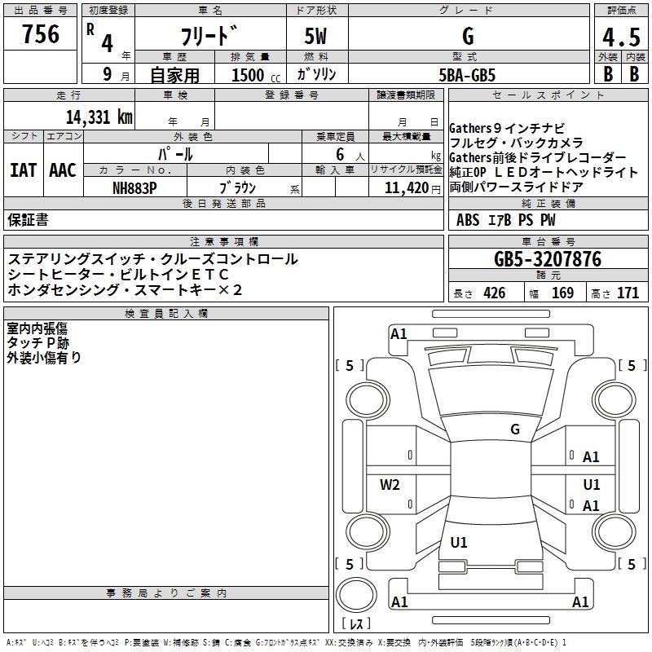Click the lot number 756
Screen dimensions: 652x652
point(41,35)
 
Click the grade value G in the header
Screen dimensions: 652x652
point(468,37)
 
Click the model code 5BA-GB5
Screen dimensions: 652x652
point(467,75)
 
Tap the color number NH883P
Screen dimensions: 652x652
point(134,187)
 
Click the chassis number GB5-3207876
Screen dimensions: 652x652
point(548,260)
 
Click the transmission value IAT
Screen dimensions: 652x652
point(23,170)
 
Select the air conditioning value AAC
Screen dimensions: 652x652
point(63,170)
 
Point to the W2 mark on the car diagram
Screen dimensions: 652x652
point(390,485)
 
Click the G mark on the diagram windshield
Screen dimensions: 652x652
point(514,430)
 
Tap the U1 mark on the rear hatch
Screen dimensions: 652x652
point(459,543)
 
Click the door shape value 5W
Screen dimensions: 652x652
point(316,37)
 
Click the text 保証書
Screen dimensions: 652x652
point(28,219)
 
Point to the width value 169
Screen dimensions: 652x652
point(562,293)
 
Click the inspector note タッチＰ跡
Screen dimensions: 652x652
point(37,342)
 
